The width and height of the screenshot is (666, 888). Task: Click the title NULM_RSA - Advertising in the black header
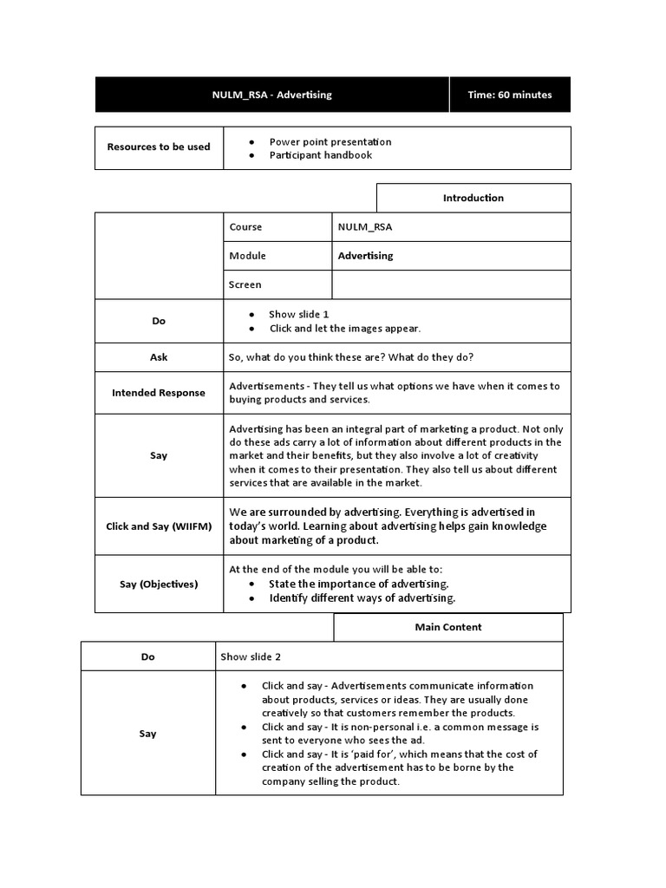coord(273,95)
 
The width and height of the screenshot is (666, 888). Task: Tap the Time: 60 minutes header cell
coord(509,95)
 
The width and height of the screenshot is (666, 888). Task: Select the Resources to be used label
coord(159,147)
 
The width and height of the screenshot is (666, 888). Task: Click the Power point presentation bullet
coord(330,141)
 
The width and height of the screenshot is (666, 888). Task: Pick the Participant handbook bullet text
coord(320,155)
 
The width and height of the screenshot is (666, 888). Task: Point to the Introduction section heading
coord(473,198)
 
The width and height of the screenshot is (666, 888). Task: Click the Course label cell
coord(245,227)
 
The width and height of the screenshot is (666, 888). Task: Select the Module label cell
coord(247,256)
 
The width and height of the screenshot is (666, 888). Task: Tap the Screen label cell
coord(245,284)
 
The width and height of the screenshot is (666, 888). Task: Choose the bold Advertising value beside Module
coord(365,256)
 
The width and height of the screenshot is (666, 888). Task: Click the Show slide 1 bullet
coord(298,314)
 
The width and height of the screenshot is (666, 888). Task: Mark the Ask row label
coord(159,356)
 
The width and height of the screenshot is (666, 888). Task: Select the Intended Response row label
coord(159,393)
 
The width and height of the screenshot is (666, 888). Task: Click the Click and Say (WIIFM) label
coord(159,526)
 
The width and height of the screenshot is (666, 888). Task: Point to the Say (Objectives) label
coord(159,584)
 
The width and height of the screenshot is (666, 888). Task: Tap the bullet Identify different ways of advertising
coord(362,597)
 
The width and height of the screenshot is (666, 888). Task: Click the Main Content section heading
coord(447,627)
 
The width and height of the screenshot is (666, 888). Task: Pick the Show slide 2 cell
coord(251,656)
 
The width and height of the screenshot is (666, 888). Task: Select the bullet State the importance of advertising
coord(358,584)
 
